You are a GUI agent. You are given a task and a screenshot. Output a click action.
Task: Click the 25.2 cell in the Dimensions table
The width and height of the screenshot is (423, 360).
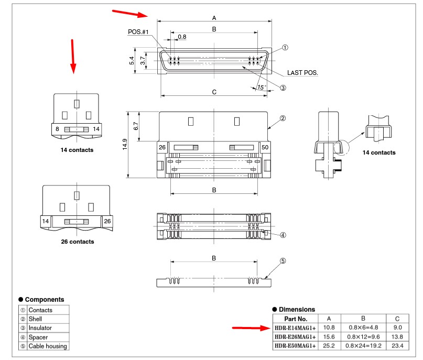point(328,346)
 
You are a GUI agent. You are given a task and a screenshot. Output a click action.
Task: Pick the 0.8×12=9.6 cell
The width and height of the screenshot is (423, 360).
point(363,337)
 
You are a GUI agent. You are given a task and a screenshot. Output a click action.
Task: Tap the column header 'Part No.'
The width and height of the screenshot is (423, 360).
point(295,318)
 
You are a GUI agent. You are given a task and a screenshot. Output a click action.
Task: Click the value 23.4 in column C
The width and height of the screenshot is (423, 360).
point(397,346)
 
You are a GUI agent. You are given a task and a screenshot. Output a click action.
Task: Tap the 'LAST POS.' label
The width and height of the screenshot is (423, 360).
point(302,72)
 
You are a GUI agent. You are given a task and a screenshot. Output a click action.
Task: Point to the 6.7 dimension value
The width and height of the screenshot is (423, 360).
point(136,126)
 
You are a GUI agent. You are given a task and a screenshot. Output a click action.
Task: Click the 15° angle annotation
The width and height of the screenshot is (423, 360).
point(262,87)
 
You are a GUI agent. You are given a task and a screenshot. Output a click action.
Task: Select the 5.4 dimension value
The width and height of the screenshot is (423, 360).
point(132,61)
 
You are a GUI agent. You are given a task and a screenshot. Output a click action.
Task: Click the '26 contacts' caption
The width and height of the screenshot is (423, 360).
point(77,242)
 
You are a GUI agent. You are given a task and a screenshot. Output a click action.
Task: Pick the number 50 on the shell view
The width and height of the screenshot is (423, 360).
point(265,148)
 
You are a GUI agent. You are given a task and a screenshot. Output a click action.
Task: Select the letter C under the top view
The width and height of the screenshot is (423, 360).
point(214,92)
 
